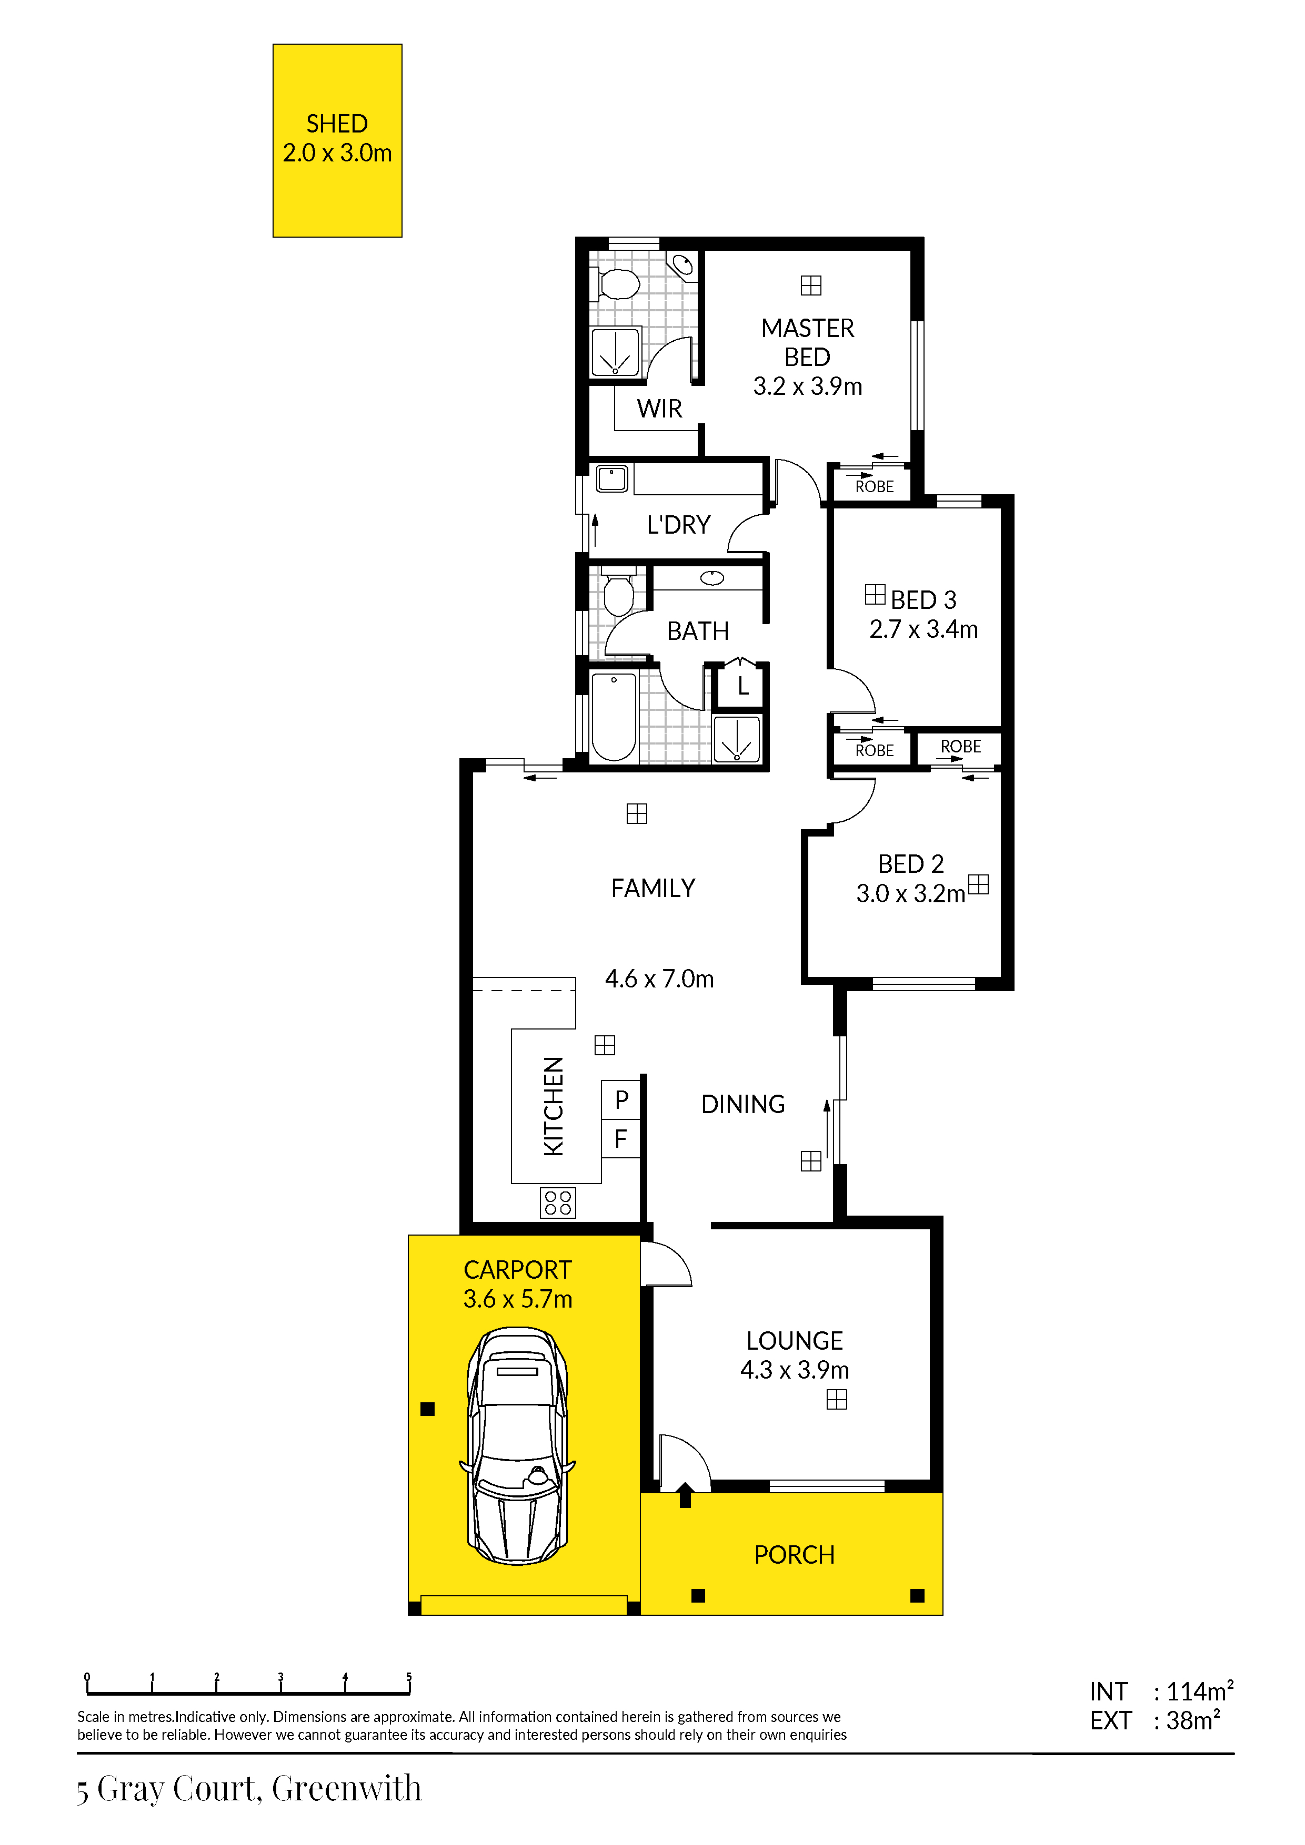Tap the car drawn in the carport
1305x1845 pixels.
[518, 1446]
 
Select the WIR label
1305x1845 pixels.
[659, 409]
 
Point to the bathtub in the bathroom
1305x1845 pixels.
[614, 717]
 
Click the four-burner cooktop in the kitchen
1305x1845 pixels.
[558, 1203]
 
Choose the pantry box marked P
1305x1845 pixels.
[621, 1099]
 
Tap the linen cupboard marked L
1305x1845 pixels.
[740, 686]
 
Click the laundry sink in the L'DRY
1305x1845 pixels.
[612, 479]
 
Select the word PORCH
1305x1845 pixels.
[795, 1555]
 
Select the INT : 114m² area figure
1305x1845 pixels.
[1161, 1691]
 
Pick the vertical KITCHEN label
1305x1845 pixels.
[553, 1106]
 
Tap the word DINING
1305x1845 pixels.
[743, 1104]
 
